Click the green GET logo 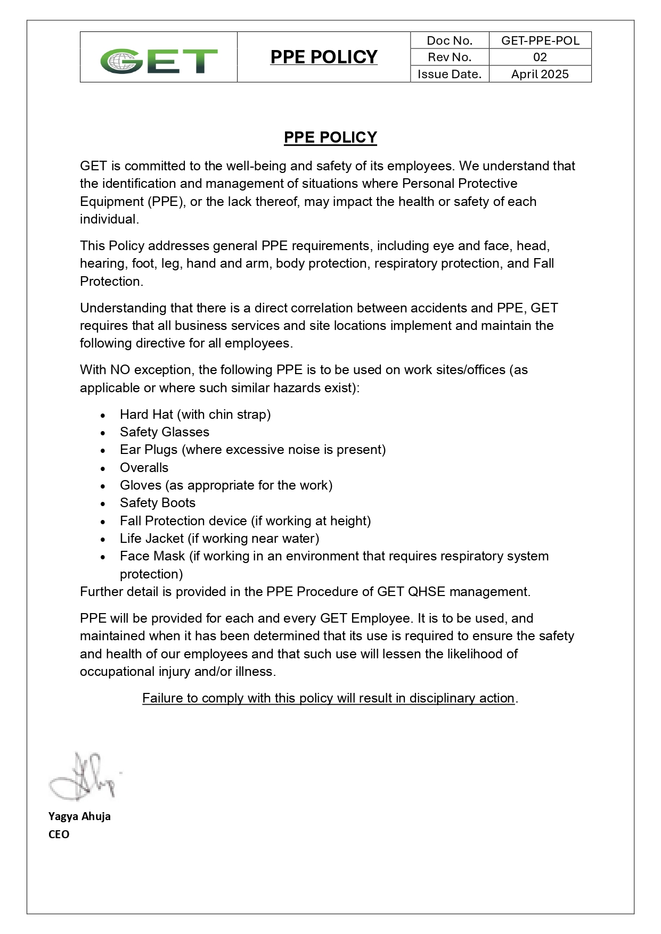(x=159, y=61)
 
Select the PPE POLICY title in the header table (x=324, y=57)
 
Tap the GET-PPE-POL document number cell (x=540, y=40)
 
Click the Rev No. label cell (x=450, y=57)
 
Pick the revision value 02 (x=540, y=57)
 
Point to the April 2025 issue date (x=540, y=74)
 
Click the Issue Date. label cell (x=450, y=74)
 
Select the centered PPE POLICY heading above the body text (x=330, y=137)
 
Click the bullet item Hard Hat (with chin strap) (x=195, y=414)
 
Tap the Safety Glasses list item (x=165, y=432)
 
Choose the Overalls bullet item (x=144, y=467)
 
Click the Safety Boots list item (x=158, y=502)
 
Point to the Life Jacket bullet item (x=219, y=538)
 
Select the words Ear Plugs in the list (x=149, y=450)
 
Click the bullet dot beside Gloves (x=103, y=486)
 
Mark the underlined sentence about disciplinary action (x=329, y=698)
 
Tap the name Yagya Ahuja (x=79, y=816)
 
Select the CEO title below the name (x=59, y=834)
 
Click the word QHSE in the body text (x=426, y=591)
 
